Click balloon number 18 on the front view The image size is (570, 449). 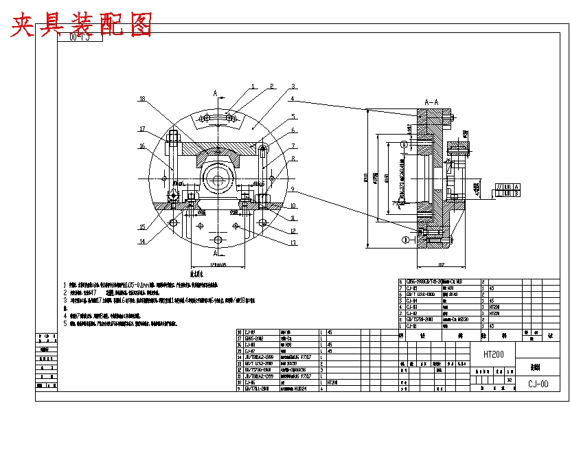(x=143, y=99)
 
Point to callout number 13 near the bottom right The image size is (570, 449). (x=293, y=242)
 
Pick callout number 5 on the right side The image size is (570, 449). (x=293, y=117)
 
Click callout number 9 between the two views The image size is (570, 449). (x=293, y=189)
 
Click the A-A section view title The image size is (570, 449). (x=432, y=102)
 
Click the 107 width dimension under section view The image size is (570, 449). (x=442, y=264)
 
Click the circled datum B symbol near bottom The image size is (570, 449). (x=405, y=239)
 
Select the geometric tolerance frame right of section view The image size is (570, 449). (x=507, y=190)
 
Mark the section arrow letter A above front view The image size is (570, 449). (x=216, y=92)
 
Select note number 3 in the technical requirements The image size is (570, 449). (x=65, y=300)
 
